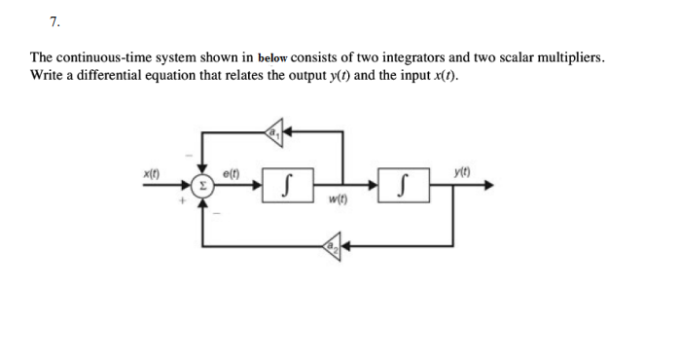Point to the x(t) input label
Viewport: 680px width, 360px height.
coord(152,172)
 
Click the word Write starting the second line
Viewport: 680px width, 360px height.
coord(47,75)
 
